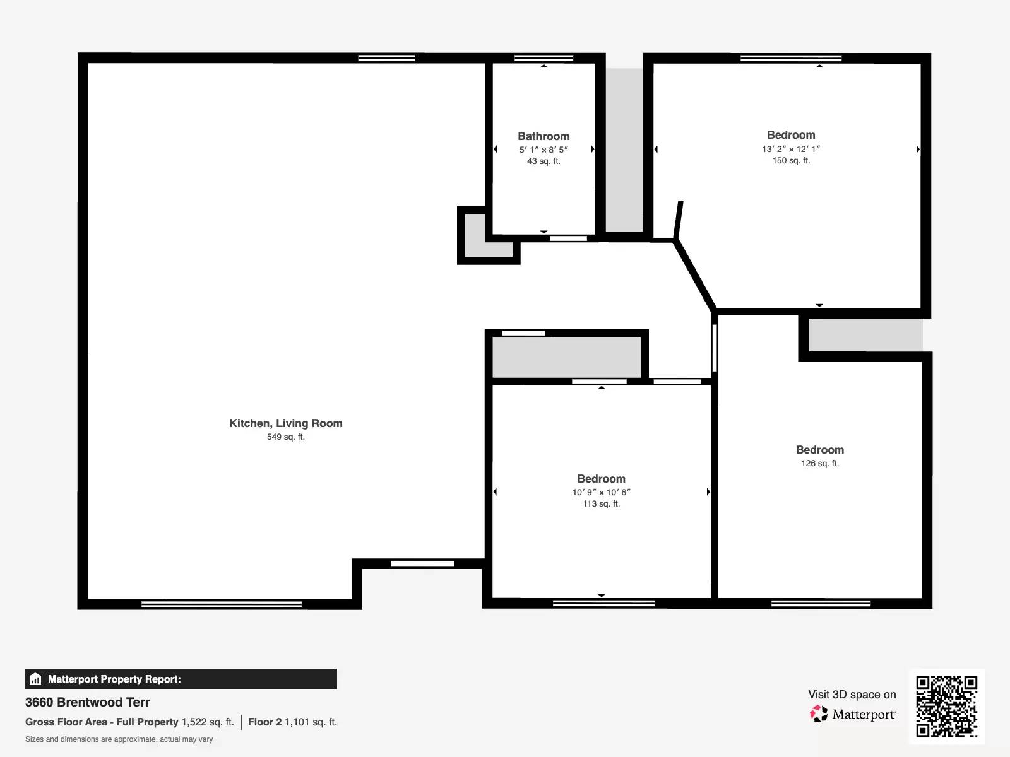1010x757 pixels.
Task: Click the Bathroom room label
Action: (544, 136)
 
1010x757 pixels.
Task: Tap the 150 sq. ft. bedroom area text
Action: (791, 161)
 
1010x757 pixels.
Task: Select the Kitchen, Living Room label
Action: (286, 423)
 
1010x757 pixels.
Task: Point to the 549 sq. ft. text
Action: (286, 437)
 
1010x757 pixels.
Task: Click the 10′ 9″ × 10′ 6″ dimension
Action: (602, 492)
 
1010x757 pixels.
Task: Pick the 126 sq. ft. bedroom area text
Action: (820, 464)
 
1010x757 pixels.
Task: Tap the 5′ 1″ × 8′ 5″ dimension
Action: (544, 150)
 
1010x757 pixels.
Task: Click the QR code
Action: (946, 706)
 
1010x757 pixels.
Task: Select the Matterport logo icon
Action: (819, 714)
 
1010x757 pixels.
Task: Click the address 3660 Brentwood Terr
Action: (88, 702)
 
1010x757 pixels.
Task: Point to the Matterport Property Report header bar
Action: (181, 679)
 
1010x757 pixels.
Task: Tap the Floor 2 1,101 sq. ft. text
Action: (292, 722)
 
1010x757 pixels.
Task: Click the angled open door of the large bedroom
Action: (678, 220)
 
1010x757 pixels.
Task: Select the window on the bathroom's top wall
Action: (544, 58)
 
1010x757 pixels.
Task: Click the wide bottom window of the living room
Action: (221, 604)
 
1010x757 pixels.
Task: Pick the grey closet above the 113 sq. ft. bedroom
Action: (566, 357)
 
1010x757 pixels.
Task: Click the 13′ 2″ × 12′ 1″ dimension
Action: (791, 149)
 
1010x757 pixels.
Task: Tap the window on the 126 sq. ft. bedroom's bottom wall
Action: (821, 604)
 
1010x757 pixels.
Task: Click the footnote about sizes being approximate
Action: (119, 739)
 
